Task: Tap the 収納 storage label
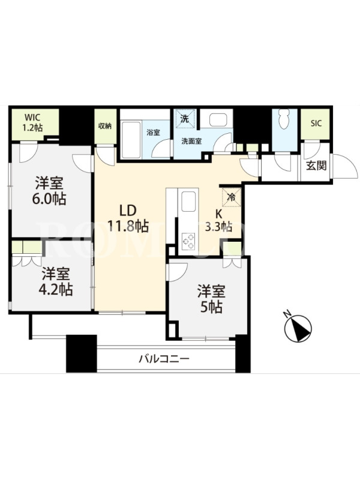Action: [104, 126]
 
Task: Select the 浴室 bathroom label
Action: [153, 133]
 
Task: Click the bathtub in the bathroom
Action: [131, 139]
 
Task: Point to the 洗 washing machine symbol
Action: [185, 119]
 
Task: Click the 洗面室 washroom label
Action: [191, 142]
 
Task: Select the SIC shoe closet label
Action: [316, 124]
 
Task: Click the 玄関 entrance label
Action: [316, 166]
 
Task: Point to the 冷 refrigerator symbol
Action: [232, 197]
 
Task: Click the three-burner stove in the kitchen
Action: [188, 241]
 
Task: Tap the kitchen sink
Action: [188, 202]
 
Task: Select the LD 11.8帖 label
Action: [128, 218]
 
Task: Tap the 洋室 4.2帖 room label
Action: [55, 281]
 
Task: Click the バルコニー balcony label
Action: [164, 358]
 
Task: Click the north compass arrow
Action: [298, 328]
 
